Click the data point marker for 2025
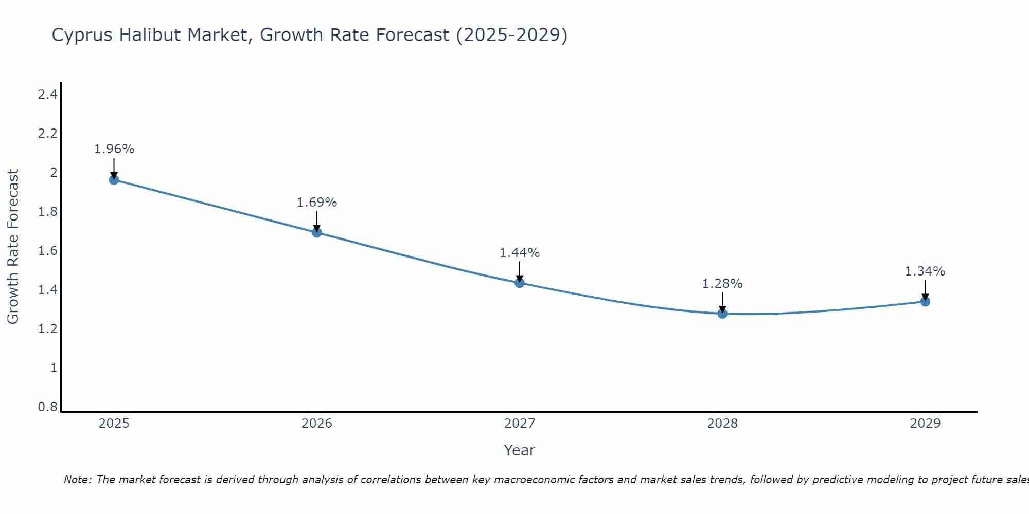[x=114, y=179]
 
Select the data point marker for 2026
[x=316, y=232]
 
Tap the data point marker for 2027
[x=519, y=283]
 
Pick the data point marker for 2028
[x=722, y=314]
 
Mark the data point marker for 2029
[x=925, y=301]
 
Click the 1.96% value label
[x=114, y=149]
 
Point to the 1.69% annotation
[x=316, y=203]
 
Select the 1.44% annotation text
[x=519, y=253]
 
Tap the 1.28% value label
[x=722, y=284]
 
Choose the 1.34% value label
[x=925, y=271]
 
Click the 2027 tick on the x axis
[x=519, y=424]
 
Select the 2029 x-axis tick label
[x=925, y=424]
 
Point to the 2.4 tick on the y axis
[x=47, y=94]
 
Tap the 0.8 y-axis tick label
[x=47, y=407]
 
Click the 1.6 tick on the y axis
[x=47, y=251]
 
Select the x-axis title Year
[x=519, y=450]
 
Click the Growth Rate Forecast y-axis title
[x=13, y=247]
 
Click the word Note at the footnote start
[x=77, y=480]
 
